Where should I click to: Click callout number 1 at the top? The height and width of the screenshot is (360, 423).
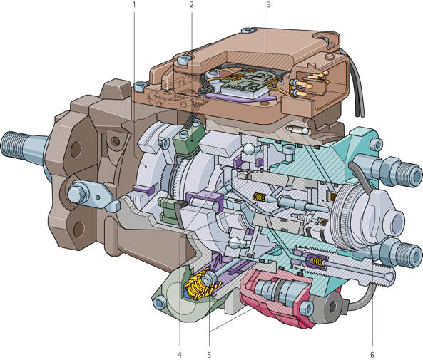134,4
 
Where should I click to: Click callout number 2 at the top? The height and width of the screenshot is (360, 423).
192,4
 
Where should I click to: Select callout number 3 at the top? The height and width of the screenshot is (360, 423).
268,4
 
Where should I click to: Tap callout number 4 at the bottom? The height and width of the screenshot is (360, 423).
180,355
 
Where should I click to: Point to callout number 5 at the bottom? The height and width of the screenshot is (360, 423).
209,355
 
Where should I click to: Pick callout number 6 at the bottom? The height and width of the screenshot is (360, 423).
372,355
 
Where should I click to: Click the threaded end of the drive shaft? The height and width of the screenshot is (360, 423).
12,145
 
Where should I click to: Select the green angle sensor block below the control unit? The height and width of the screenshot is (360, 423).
188,139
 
